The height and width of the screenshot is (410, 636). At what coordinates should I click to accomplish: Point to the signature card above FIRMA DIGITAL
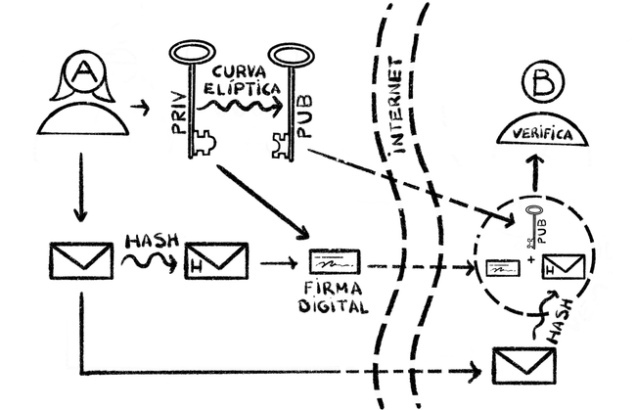pos(334,263)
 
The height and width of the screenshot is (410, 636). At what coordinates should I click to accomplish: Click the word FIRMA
pos(334,290)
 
